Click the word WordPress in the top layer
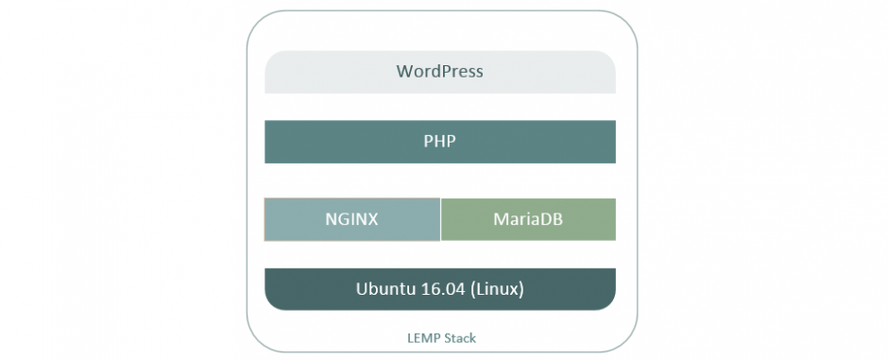439,71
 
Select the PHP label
439,142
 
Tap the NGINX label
351,219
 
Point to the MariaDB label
527,219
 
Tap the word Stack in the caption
453,336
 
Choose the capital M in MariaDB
500,219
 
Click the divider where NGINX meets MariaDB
440,219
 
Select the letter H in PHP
439,142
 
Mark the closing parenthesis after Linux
521,289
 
